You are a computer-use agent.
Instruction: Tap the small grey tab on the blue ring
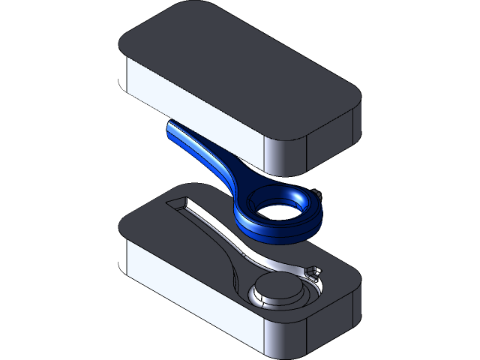point(321,193)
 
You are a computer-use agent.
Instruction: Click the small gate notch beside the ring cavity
point(313,270)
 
